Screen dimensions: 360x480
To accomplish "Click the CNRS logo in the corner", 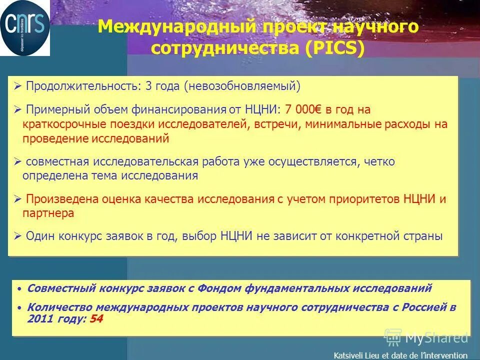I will (25, 28).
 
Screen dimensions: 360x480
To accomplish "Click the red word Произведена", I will (58, 199).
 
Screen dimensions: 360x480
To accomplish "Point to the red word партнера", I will (48, 213).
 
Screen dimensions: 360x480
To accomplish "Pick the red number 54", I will (96, 319).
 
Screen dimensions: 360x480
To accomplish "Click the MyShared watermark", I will (427, 337).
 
